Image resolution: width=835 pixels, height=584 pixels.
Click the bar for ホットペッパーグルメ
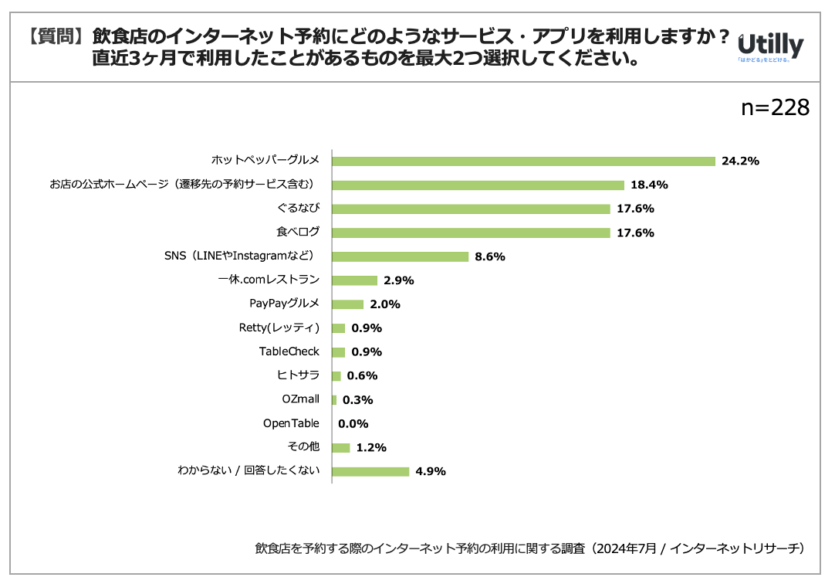pyautogui.click(x=524, y=161)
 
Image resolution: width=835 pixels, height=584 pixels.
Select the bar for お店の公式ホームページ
pyautogui.click(x=478, y=185)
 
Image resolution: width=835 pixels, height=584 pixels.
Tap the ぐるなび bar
pyautogui.click(x=472, y=209)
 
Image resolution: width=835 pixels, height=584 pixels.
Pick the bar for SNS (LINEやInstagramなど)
pyautogui.click(x=401, y=256)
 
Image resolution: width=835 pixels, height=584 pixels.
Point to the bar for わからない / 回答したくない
pyautogui.click(x=370, y=471)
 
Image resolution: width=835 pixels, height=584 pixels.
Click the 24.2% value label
pyautogui.click(x=740, y=161)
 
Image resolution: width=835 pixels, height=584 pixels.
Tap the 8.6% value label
pyautogui.click(x=489, y=256)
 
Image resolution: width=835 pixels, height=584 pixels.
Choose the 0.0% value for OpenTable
pyautogui.click(x=353, y=423)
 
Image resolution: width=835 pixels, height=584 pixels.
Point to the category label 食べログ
pyautogui.click(x=298, y=232)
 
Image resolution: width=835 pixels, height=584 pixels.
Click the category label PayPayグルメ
pyautogui.click(x=284, y=304)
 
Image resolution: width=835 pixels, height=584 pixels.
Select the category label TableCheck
pyautogui.click(x=289, y=351)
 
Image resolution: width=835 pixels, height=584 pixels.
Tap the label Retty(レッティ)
pyautogui.click(x=279, y=328)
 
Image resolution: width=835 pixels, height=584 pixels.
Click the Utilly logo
pyautogui.click(x=770, y=46)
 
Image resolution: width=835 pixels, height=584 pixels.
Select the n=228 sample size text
pyautogui.click(x=775, y=108)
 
